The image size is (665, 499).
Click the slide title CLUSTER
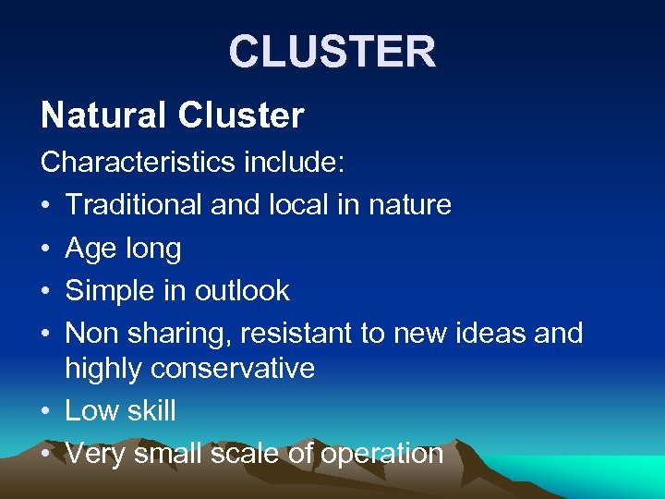[332, 52]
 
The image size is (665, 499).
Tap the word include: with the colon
[294, 162]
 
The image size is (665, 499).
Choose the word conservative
[234, 369]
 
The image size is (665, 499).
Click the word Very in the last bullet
[96, 454]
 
